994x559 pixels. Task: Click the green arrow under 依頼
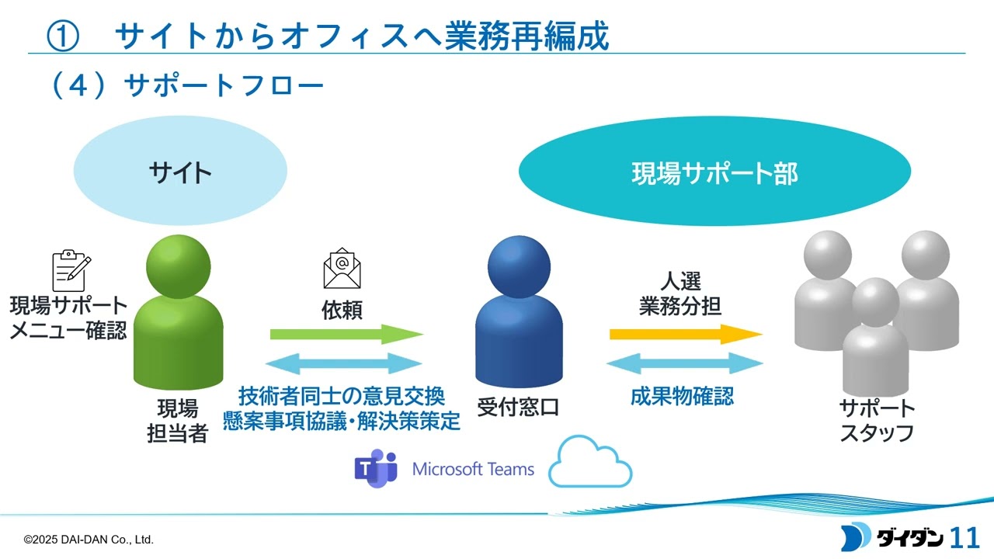[346, 335]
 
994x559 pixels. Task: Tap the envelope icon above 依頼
[342, 268]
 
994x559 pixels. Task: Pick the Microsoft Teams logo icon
[376, 469]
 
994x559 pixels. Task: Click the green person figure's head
[179, 265]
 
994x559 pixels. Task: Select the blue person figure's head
[519, 265]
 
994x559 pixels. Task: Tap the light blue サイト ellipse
[180, 171]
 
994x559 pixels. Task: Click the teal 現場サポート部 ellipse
[714, 173]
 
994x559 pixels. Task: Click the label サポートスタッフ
[877, 420]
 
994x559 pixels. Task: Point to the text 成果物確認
[682, 397]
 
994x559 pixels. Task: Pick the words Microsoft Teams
[473, 469]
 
